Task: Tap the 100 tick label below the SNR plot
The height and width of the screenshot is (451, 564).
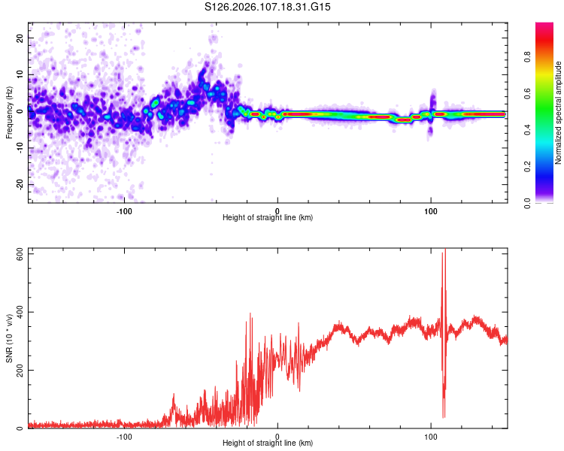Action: pos(431,436)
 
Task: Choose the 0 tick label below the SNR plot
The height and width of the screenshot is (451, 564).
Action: pos(277,436)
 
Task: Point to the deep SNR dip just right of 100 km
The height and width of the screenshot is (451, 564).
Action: pos(444,415)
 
